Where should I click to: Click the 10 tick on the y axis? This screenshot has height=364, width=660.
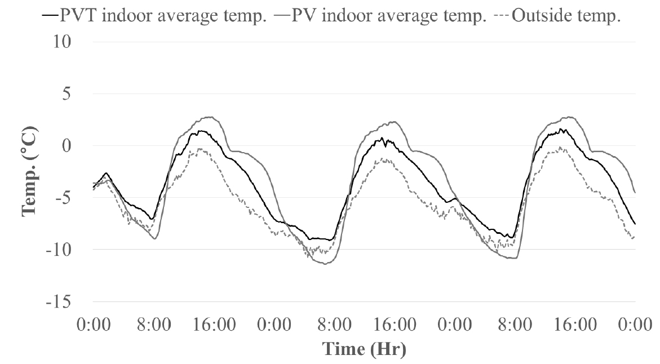(61, 42)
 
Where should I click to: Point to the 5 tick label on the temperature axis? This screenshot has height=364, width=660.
(67, 94)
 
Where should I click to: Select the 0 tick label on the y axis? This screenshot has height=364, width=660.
(66, 146)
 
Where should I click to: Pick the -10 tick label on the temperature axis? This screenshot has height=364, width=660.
(59, 250)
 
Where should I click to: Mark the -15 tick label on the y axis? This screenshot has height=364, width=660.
(59, 302)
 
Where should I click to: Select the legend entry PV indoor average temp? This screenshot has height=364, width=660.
(380, 16)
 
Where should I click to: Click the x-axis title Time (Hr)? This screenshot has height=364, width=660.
(364, 349)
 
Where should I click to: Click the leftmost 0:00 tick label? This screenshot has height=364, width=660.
(94, 325)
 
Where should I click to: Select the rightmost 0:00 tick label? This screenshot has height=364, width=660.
(635, 325)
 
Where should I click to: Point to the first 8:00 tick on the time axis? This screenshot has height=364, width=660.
(154, 325)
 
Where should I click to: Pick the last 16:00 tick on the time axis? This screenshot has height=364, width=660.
(575, 325)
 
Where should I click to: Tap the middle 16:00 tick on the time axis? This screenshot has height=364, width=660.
(395, 325)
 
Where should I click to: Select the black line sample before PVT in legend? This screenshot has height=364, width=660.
(50, 16)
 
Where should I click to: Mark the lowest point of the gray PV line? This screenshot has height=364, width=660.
(325, 264)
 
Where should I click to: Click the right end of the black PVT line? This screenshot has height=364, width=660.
(635, 224)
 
